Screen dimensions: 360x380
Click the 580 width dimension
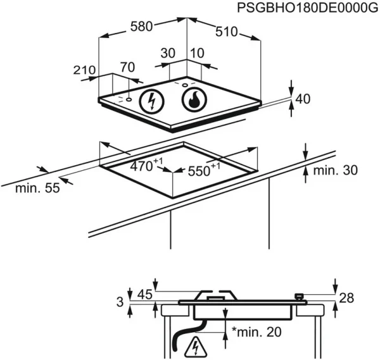click(140, 27)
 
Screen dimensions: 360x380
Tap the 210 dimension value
click(84, 71)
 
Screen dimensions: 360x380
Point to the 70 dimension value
click(128, 66)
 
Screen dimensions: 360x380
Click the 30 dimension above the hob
click(167, 54)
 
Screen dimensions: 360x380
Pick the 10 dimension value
click(198, 54)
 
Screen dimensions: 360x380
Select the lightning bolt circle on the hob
click(151, 101)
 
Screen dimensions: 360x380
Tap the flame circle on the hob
click(193, 99)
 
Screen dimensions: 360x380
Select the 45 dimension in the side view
click(145, 295)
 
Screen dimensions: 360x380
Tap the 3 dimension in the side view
click(120, 302)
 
